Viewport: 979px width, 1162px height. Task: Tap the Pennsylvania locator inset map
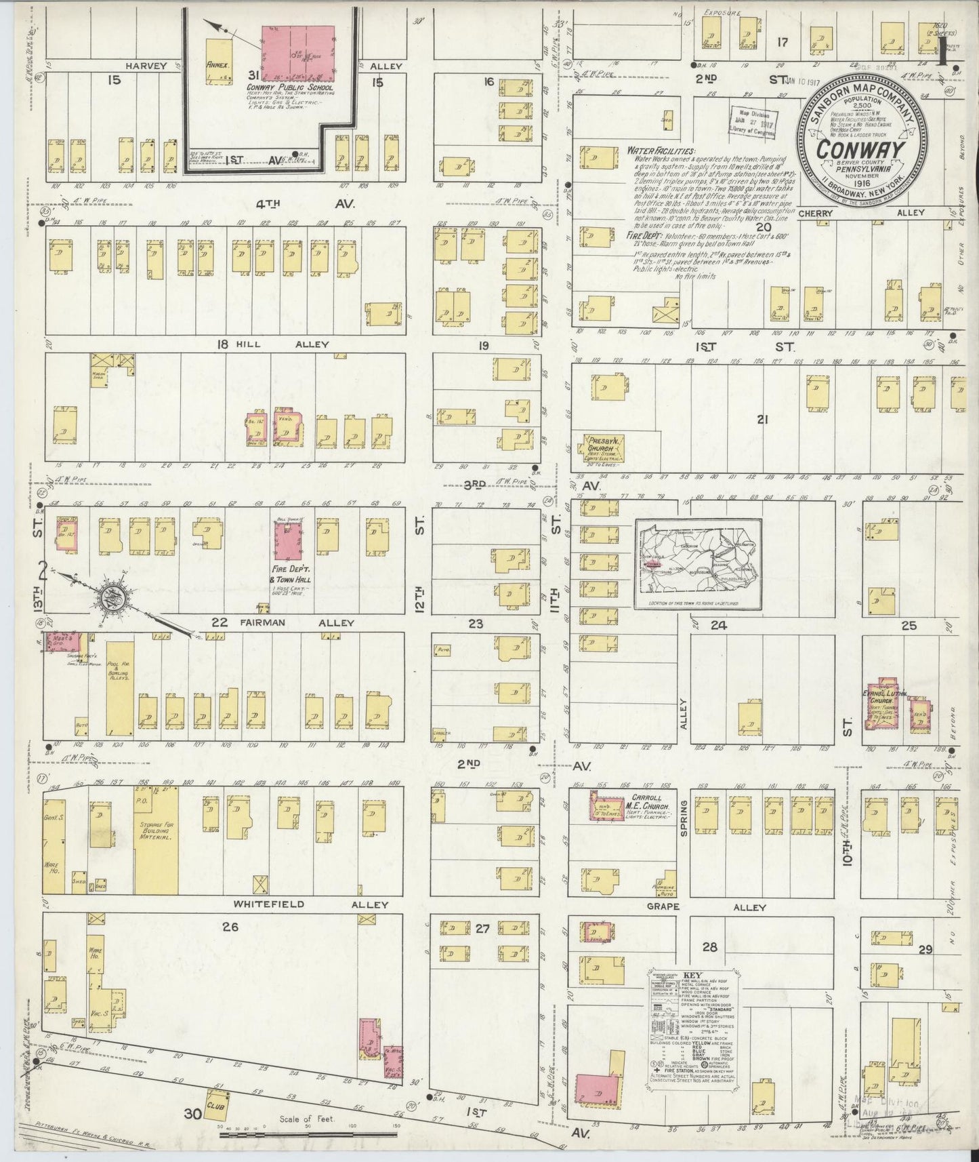point(698,564)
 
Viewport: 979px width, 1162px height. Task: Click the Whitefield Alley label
point(310,904)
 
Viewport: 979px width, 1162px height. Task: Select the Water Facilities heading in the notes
point(661,151)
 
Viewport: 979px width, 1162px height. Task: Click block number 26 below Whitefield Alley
point(230,927)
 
